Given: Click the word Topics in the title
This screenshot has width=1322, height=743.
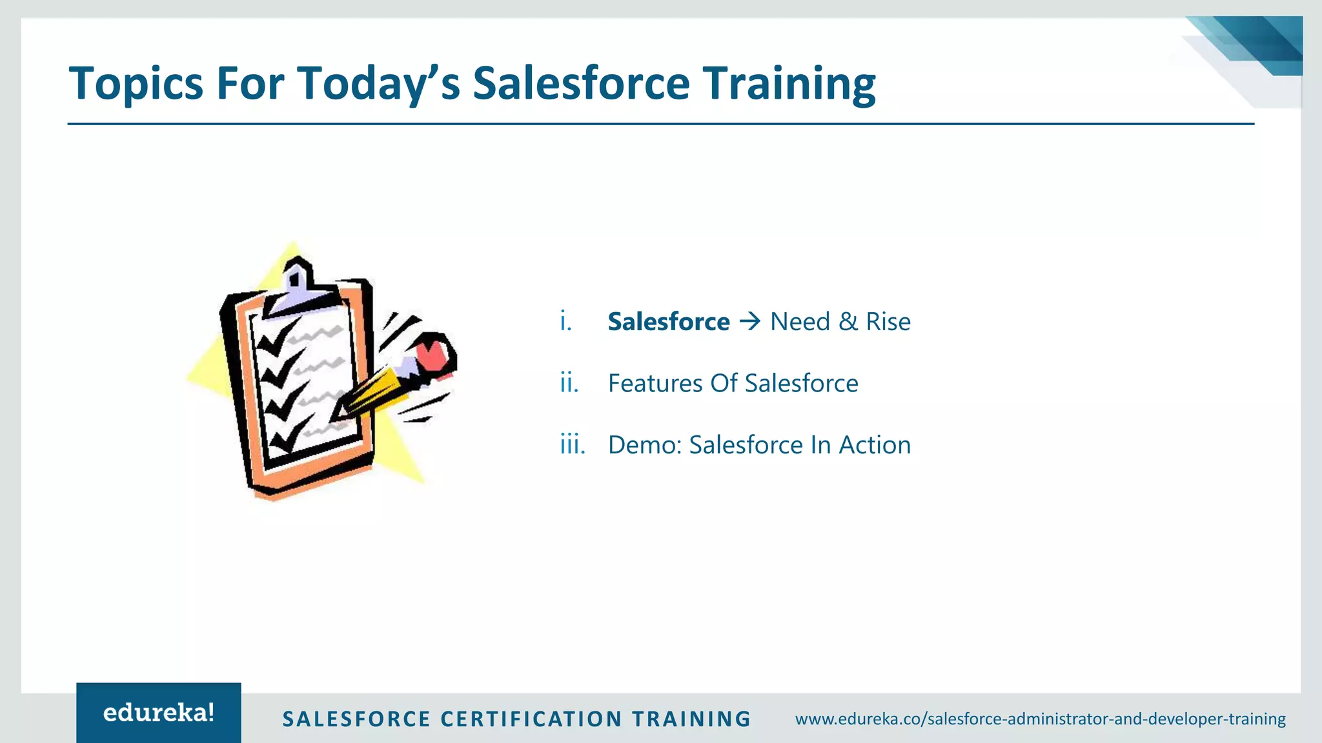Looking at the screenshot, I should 136,84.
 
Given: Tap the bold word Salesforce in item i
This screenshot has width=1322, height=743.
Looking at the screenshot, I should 668,322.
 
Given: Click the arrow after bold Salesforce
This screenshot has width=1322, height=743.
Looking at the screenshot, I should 750,321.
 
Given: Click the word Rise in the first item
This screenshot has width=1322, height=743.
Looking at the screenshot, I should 888,322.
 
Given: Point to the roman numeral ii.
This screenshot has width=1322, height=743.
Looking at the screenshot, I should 569,383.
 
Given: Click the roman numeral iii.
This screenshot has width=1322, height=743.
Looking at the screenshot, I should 572,445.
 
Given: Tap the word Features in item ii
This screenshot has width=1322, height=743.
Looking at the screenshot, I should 655,383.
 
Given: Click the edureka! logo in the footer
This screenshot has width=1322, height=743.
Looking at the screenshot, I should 159,713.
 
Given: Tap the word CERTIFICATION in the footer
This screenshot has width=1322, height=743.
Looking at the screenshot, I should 531,719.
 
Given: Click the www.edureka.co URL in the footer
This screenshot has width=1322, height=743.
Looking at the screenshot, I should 1040,718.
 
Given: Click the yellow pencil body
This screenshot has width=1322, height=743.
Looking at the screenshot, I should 374,390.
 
